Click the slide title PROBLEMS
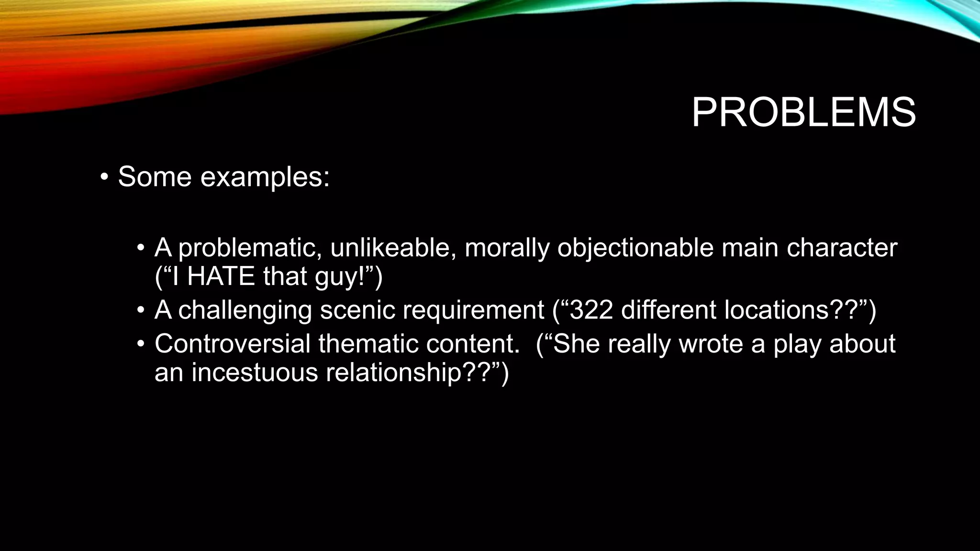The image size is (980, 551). tap(803, 113)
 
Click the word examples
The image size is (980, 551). tap(264, 177)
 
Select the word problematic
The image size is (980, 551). tap(249, 248)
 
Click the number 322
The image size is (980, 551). tap(591, 310)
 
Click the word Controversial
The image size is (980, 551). tap(233, 343)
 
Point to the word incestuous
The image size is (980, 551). tap(255, 372)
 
